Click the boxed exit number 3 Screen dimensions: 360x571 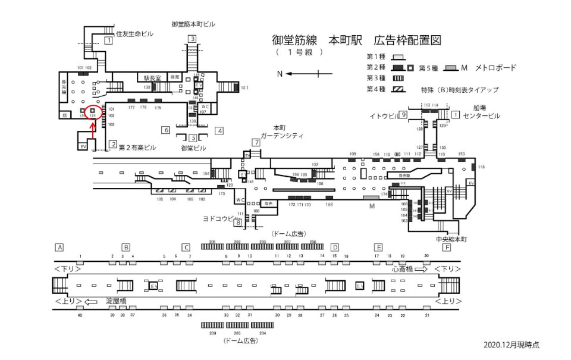tap(192, 39)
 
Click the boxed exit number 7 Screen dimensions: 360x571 tap(256, 143)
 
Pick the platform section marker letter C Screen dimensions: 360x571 tap(186, 247)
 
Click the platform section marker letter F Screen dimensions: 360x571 tap(446, 247)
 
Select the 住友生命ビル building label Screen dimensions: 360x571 tap(134, 34)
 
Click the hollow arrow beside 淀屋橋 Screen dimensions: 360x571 tap(91, 302)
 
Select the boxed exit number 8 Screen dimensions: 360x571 tap(238, 223)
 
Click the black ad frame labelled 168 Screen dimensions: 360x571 tap(329, 198)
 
